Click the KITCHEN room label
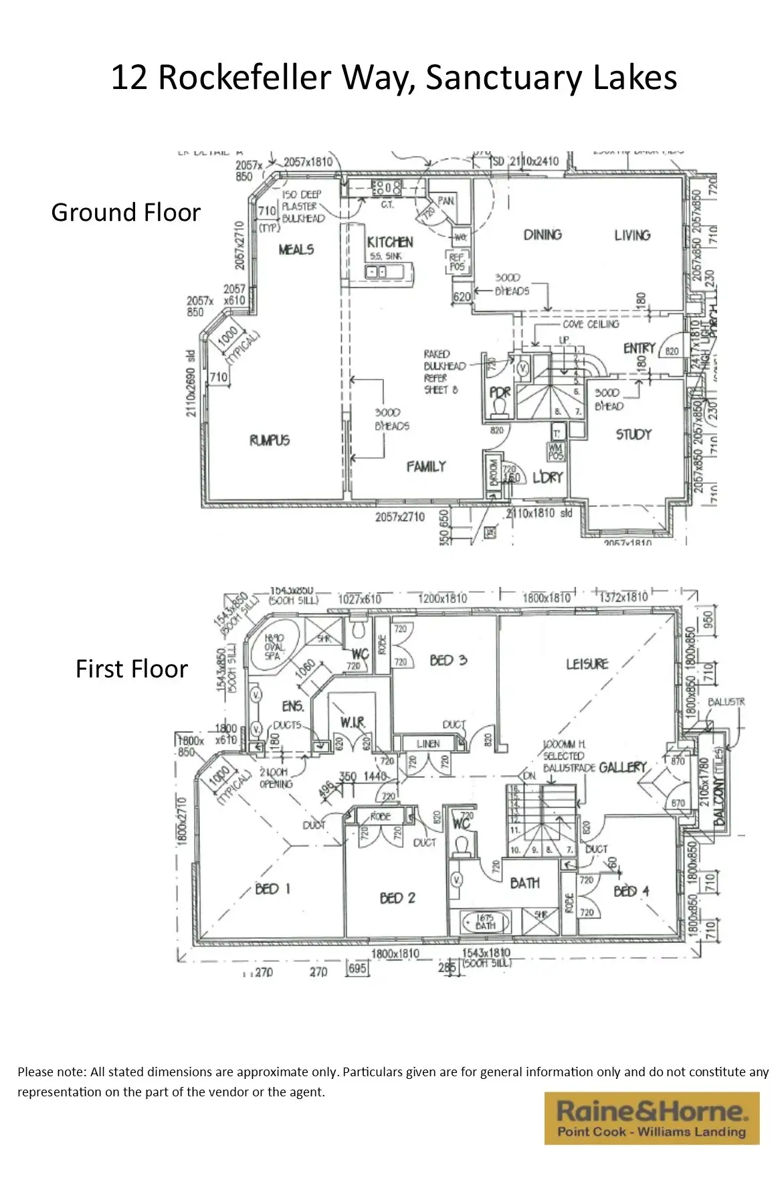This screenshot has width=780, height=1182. point(389,242)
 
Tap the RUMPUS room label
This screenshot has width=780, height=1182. point(270,440)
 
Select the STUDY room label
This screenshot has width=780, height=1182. point(633,434)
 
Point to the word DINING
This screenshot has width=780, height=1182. point(543,234)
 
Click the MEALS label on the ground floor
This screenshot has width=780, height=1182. point(296,249)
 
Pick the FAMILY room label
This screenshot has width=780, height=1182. point(426,466)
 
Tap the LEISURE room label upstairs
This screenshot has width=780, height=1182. point(587,663)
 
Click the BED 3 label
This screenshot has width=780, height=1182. point(448,660)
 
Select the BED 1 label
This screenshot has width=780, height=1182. point(273,889)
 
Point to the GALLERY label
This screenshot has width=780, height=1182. point(622,767)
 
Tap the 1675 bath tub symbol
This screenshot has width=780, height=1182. point(485,922)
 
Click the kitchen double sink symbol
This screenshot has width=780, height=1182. point(375,272)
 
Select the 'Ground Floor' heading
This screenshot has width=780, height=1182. point(126,212)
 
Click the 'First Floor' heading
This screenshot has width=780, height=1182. point(131,669)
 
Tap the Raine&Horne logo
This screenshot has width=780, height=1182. point(652,1118)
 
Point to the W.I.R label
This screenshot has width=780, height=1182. point(352,722)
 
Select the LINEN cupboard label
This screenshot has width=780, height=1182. point(428,743)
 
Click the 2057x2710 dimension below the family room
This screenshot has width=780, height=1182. point(399,517)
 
